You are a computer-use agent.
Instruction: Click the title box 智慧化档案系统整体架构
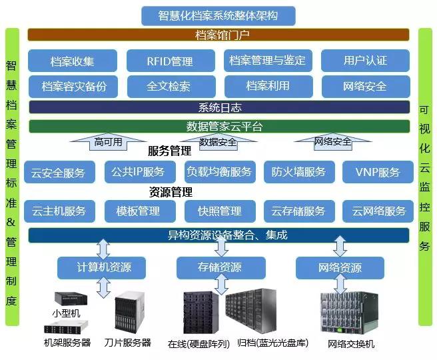(x=218, y=15)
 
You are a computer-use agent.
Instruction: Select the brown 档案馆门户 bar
(x=218, y=35)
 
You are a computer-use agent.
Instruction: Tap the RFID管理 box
(x=170, y=61)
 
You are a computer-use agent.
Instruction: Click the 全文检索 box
(x=170, y=87)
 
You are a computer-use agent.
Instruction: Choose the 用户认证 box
(x=364, y=61)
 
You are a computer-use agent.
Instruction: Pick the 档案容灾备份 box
(x=73, y=87)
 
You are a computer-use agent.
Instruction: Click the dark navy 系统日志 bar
(x=218, y=107)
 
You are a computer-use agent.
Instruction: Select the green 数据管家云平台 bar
(x=218, y=126)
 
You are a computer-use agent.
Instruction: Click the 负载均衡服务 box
(x=219, y=171)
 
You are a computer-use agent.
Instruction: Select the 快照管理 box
(x=219, y=211)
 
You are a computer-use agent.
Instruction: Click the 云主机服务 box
(x=59, y=211)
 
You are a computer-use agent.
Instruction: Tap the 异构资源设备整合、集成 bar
(x=218, y=235)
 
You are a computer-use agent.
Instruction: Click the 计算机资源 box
(x=103, y=267)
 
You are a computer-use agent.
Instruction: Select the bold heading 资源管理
(x=171, y=192)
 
